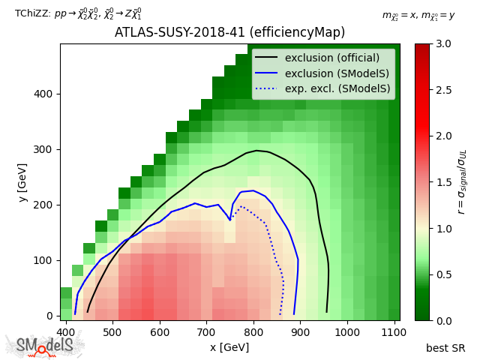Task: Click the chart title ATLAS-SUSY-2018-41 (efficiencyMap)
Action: click(229, 32)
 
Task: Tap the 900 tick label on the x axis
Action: click(301, 331)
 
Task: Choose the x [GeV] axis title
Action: click(229, 346)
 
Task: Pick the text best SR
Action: click(445, 348)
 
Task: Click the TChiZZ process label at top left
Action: click(78, 14)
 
